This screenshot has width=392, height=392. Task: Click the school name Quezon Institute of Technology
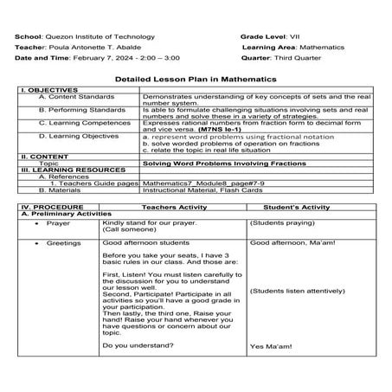(110, 37)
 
